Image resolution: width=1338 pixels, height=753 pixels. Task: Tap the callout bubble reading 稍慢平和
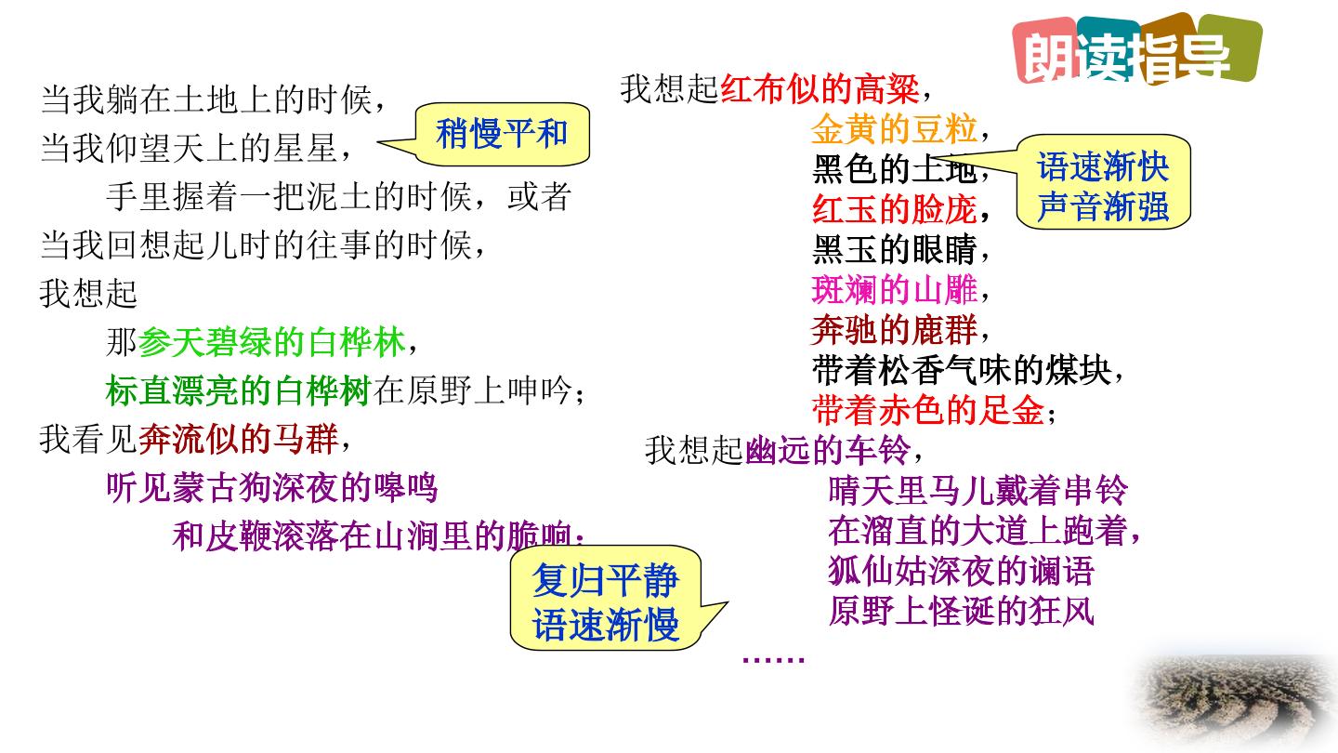click(x=502, y=134)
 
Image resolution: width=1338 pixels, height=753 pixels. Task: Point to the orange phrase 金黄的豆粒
click(x=894, y=129)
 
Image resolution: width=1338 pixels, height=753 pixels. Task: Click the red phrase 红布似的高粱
click(x=820, y=89)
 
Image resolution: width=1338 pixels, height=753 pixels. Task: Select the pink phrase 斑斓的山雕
click(x=894, y=290)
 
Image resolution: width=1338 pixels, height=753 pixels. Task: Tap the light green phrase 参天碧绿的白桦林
click(x=271, y=342)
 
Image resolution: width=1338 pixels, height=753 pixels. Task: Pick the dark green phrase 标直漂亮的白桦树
click(x=239, y=390)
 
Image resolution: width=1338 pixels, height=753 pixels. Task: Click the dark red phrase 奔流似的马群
click(x=238, y=439)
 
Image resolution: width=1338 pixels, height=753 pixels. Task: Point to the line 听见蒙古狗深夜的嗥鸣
click(x=271, y=488)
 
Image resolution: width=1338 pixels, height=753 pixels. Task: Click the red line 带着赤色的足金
click(x=927, y=411)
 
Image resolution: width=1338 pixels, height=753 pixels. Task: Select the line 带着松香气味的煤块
click(x=962, y=371)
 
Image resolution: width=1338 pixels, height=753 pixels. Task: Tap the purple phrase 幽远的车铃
click(x=828, y=451)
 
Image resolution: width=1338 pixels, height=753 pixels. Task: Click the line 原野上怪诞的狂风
click(x=962, y=612)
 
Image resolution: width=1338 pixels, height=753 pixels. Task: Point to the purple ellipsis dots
click(x=773, y=660)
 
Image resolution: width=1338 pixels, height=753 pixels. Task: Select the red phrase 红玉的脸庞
click(x=894, y=209)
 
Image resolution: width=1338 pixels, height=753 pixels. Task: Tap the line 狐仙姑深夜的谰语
click(x=962, y=571)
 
